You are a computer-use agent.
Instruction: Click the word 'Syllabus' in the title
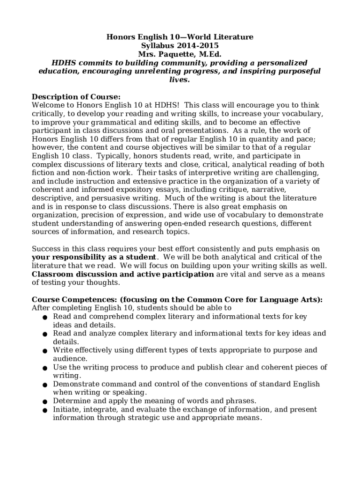tap(158, 46)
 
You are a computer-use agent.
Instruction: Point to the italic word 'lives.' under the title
tap(180, 80)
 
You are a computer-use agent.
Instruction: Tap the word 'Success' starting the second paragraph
tap(45, 249)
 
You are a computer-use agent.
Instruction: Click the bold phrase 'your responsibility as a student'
tap(94, 257)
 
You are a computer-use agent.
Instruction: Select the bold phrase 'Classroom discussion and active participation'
tap(122, 274)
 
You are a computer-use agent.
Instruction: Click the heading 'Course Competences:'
tap(74, 299)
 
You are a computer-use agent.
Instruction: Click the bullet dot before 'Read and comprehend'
tap(44, 318)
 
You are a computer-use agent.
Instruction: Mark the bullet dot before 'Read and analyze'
tap(44, 334)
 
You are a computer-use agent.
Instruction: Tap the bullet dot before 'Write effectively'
tap(44, 351)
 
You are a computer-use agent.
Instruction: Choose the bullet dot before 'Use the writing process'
tap(44, 368)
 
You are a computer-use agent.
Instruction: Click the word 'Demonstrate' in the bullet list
tap(74, 384)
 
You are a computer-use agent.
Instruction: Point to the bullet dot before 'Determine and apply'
tap(44, 402)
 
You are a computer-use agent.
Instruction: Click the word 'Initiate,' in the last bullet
tap(68, 409)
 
